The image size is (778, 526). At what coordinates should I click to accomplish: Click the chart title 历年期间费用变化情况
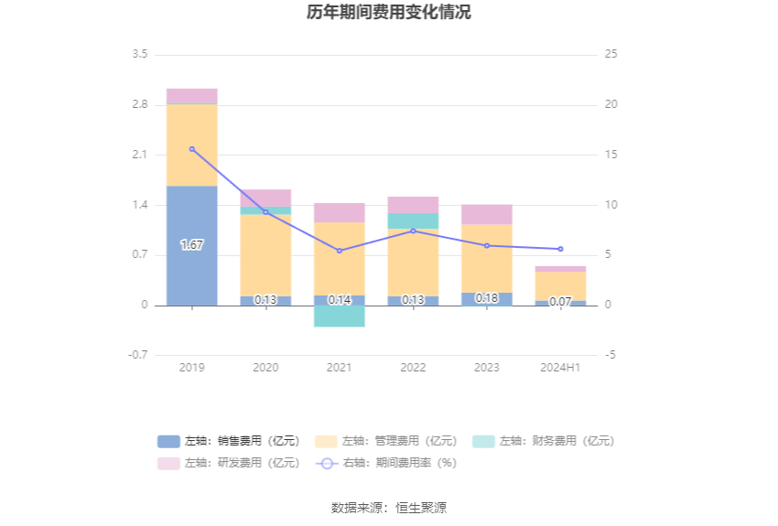389,13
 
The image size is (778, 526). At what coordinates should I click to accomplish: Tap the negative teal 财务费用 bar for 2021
340,316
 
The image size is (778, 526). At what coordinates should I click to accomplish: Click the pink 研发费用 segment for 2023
487,214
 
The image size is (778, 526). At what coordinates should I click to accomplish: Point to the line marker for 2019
192,149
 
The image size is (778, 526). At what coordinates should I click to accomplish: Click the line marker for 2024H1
560,249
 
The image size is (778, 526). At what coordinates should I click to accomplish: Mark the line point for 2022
413,231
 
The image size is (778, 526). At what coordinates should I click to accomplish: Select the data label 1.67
192,245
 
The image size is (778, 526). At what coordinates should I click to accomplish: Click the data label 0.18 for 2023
487,298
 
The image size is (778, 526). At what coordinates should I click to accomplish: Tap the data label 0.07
560,301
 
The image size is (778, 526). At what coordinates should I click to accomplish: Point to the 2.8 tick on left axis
139,104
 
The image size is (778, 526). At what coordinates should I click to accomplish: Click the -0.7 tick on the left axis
137,355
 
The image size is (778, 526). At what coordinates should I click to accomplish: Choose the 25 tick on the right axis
611,54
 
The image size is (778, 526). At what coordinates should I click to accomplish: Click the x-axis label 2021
340,368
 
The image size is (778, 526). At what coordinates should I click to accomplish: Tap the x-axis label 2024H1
560,368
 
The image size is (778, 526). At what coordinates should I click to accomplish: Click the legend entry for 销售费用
229,441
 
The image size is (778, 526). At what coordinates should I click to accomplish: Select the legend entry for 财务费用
544,441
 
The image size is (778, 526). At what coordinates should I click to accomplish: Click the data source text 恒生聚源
421,508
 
